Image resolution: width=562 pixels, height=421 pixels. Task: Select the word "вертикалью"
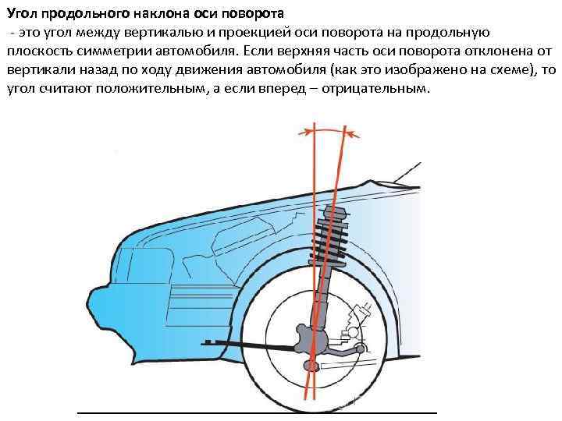click(158, 32)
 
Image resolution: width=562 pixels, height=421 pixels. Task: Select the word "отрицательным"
click(382, 88)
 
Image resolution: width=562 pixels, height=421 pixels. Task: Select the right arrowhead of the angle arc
click(356, 134)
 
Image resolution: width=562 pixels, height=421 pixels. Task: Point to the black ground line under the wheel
click(258, 411)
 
